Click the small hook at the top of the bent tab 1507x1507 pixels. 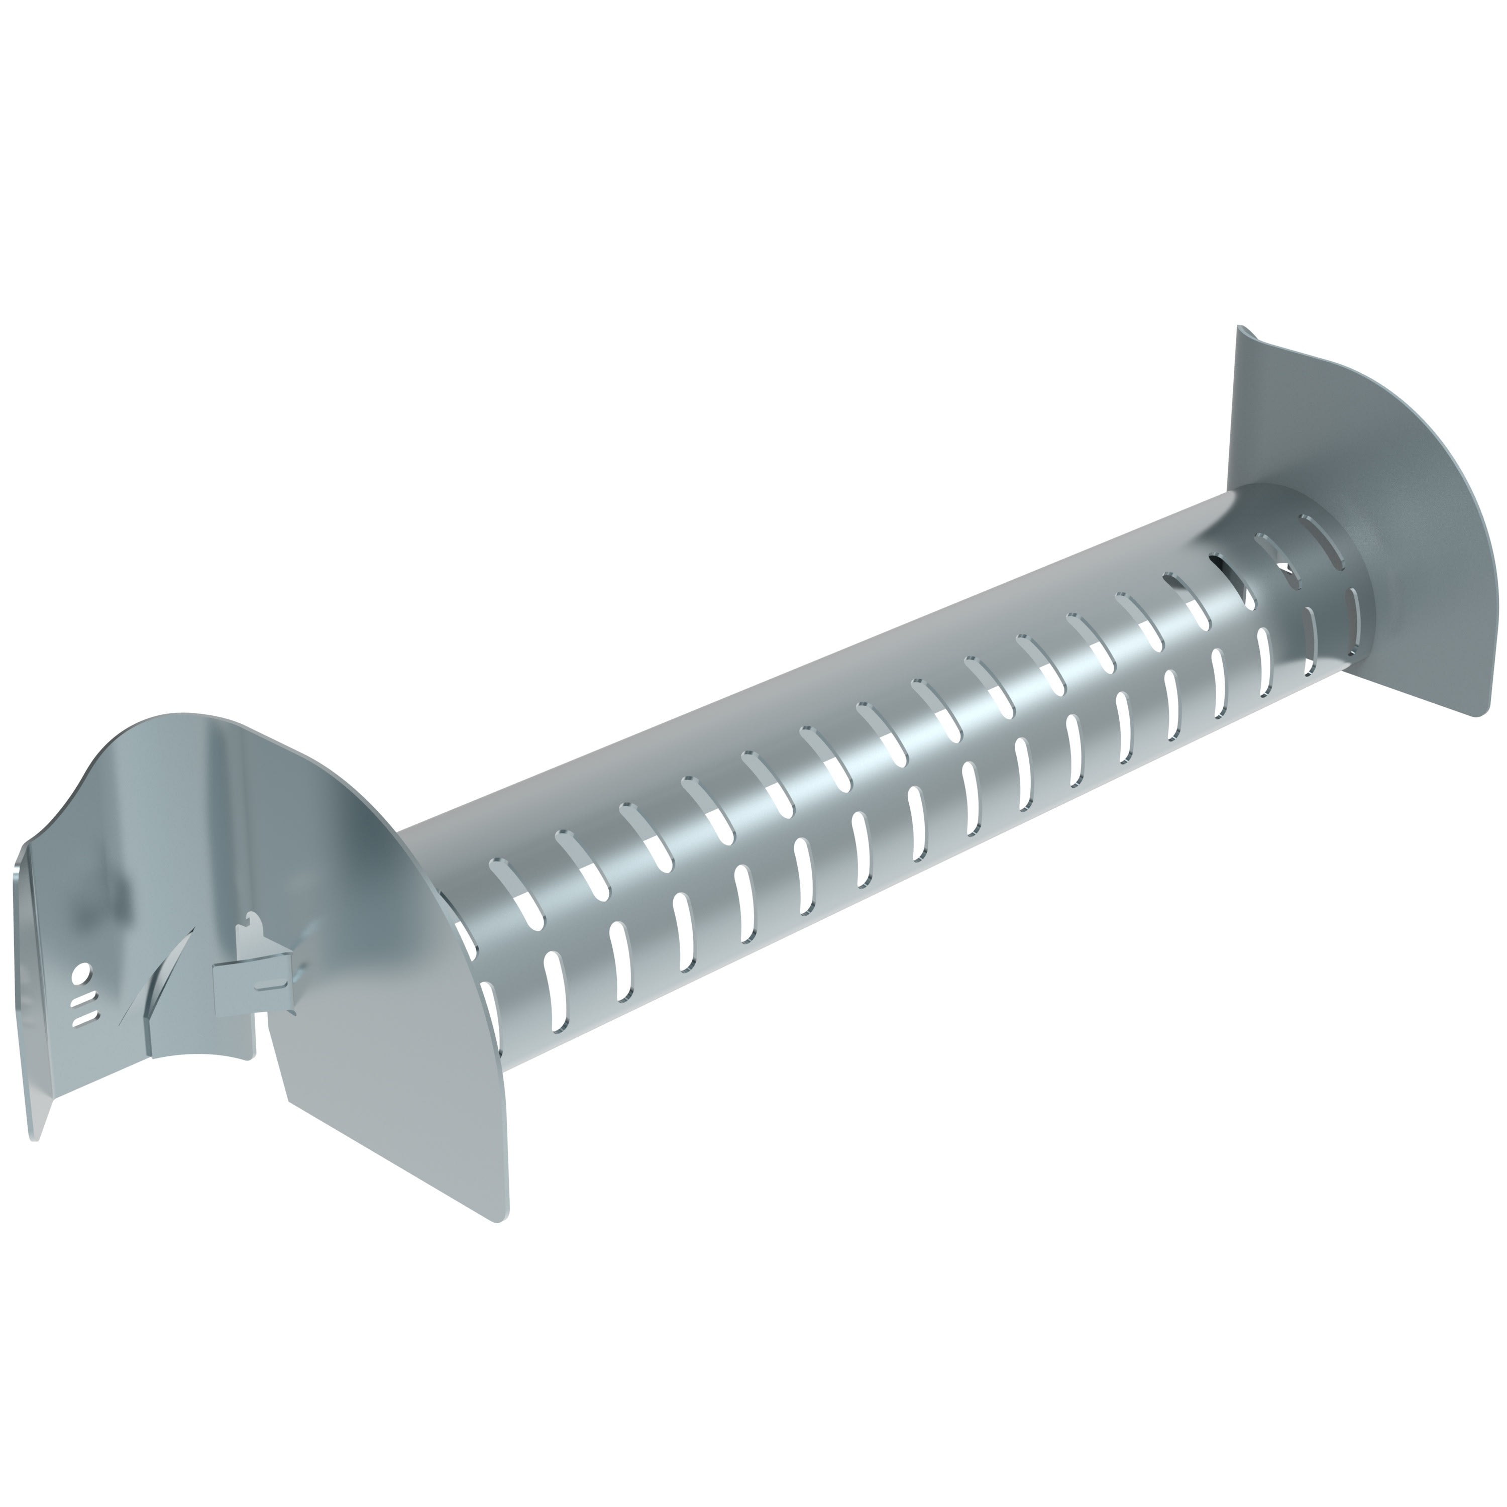coord(251,924)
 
